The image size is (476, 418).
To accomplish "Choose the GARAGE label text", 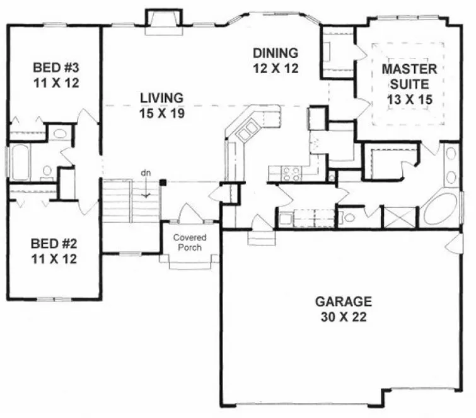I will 344,301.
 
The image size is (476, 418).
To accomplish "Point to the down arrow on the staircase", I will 146,190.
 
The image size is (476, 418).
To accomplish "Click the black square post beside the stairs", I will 163,183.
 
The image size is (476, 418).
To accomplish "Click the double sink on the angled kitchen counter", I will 246,130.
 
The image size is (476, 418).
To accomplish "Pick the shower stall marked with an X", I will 400,217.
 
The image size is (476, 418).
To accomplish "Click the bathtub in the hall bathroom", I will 19,162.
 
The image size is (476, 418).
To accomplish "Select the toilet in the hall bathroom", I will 45,172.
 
